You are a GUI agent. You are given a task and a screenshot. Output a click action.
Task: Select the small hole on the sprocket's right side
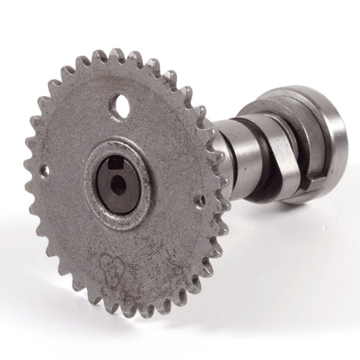(x=201, y=200)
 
